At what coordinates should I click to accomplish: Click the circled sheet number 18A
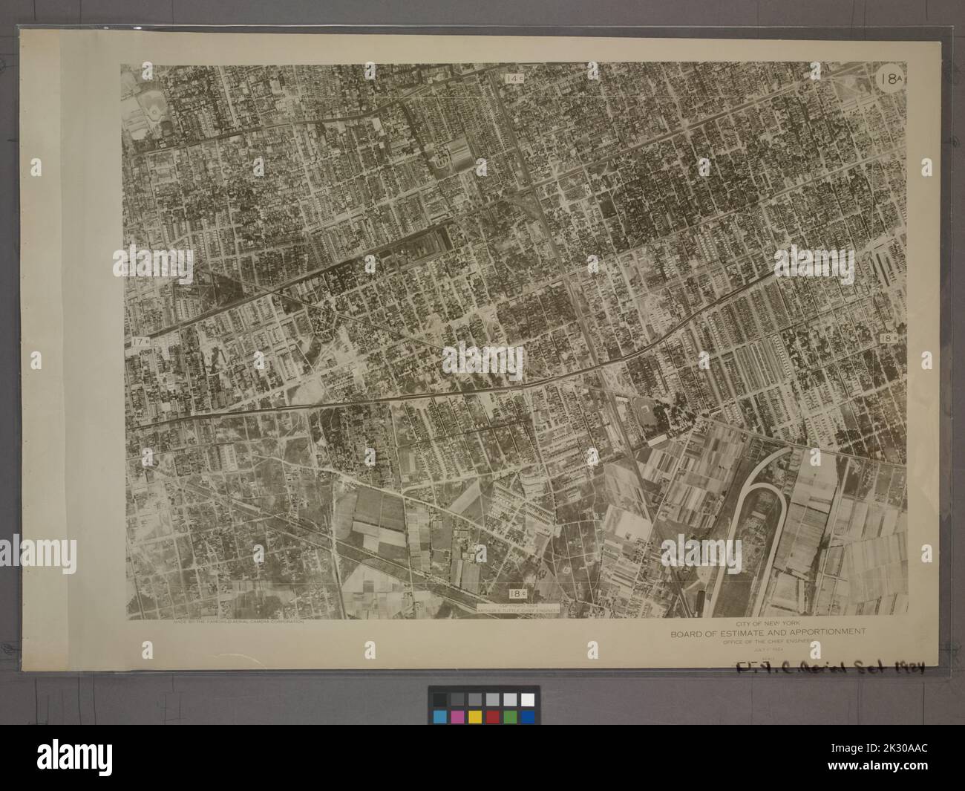889,79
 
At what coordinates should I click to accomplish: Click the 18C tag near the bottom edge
517,593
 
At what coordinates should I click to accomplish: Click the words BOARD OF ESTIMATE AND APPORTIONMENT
768,633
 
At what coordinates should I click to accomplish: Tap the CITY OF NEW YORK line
768,623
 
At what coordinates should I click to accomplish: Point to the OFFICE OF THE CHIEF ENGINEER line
768,642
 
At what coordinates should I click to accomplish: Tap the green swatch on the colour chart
509,716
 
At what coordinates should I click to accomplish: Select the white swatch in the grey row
526,699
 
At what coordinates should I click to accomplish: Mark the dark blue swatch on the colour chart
526,716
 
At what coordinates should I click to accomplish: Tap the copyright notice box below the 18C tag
517,607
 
